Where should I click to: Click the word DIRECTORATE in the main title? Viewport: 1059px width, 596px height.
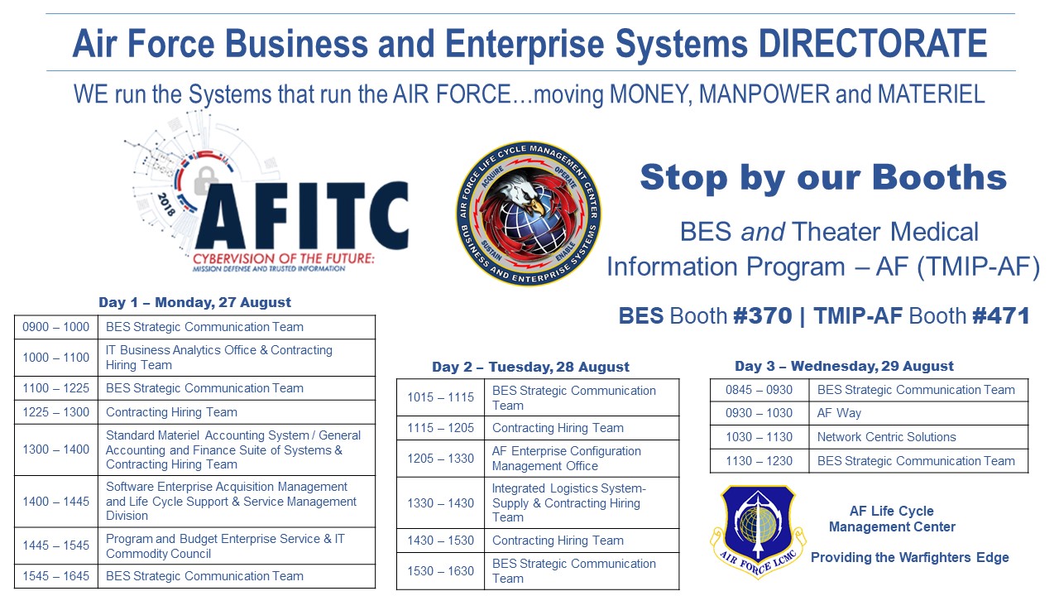[873, 43]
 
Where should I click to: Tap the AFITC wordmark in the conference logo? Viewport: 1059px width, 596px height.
[302, 216]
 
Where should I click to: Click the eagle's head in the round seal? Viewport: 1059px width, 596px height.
[522, 194]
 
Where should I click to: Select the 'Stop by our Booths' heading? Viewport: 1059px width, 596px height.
[823, 177]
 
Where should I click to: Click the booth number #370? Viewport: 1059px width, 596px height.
[763, 315]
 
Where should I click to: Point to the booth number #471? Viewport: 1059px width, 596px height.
[1001, 315]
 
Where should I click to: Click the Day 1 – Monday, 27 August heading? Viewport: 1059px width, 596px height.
[194, 302]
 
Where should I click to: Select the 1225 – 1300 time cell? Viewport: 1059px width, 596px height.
[55, 412]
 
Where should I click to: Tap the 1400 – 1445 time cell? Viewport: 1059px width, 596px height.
[55, 502]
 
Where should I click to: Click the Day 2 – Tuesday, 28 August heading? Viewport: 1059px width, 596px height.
[530, 367]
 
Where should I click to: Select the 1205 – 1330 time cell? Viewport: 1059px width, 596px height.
[441, 459]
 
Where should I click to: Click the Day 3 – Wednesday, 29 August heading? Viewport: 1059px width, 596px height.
[844, 366]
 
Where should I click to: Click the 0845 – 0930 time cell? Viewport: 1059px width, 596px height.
[760, 390]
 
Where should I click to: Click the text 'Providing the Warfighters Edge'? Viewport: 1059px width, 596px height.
[909, 557]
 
